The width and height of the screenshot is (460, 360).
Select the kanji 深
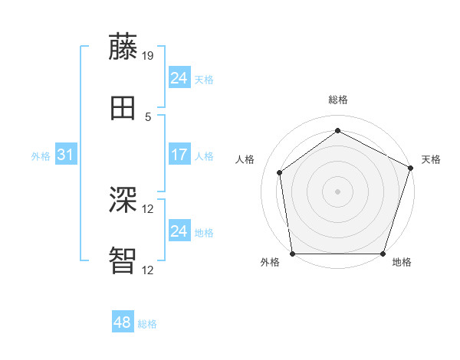[x=123, y=200]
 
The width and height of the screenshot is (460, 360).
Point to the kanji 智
[x=123, y=260]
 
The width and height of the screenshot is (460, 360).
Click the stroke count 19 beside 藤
[x=148, y=55]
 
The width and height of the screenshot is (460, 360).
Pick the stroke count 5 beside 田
[x=148, y=116]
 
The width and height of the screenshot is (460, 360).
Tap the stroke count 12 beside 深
[x=148, y=208]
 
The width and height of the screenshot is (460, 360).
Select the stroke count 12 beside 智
[x=148, y=270]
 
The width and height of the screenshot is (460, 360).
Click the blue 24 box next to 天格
[x=179, y=78]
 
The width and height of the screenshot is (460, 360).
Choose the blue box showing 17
[x=179, y=155]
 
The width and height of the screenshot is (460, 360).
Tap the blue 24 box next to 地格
[x=179, y=231]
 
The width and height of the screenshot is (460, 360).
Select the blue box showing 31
[x=66, y=155]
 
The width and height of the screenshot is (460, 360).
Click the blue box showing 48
[x=123, y=322]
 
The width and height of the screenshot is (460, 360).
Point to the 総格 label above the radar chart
[x=337, y=100]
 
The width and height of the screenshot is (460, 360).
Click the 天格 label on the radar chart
[x=431, y=159]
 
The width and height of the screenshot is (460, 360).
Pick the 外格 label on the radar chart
[x=270, y=263]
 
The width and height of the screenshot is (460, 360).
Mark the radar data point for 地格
[x=383, y=254]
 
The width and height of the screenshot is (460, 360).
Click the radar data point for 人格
[x=280, y=172]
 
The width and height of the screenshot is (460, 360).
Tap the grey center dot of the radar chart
[x=337, y=191]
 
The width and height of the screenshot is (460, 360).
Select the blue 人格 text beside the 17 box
[x=204, y=155]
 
